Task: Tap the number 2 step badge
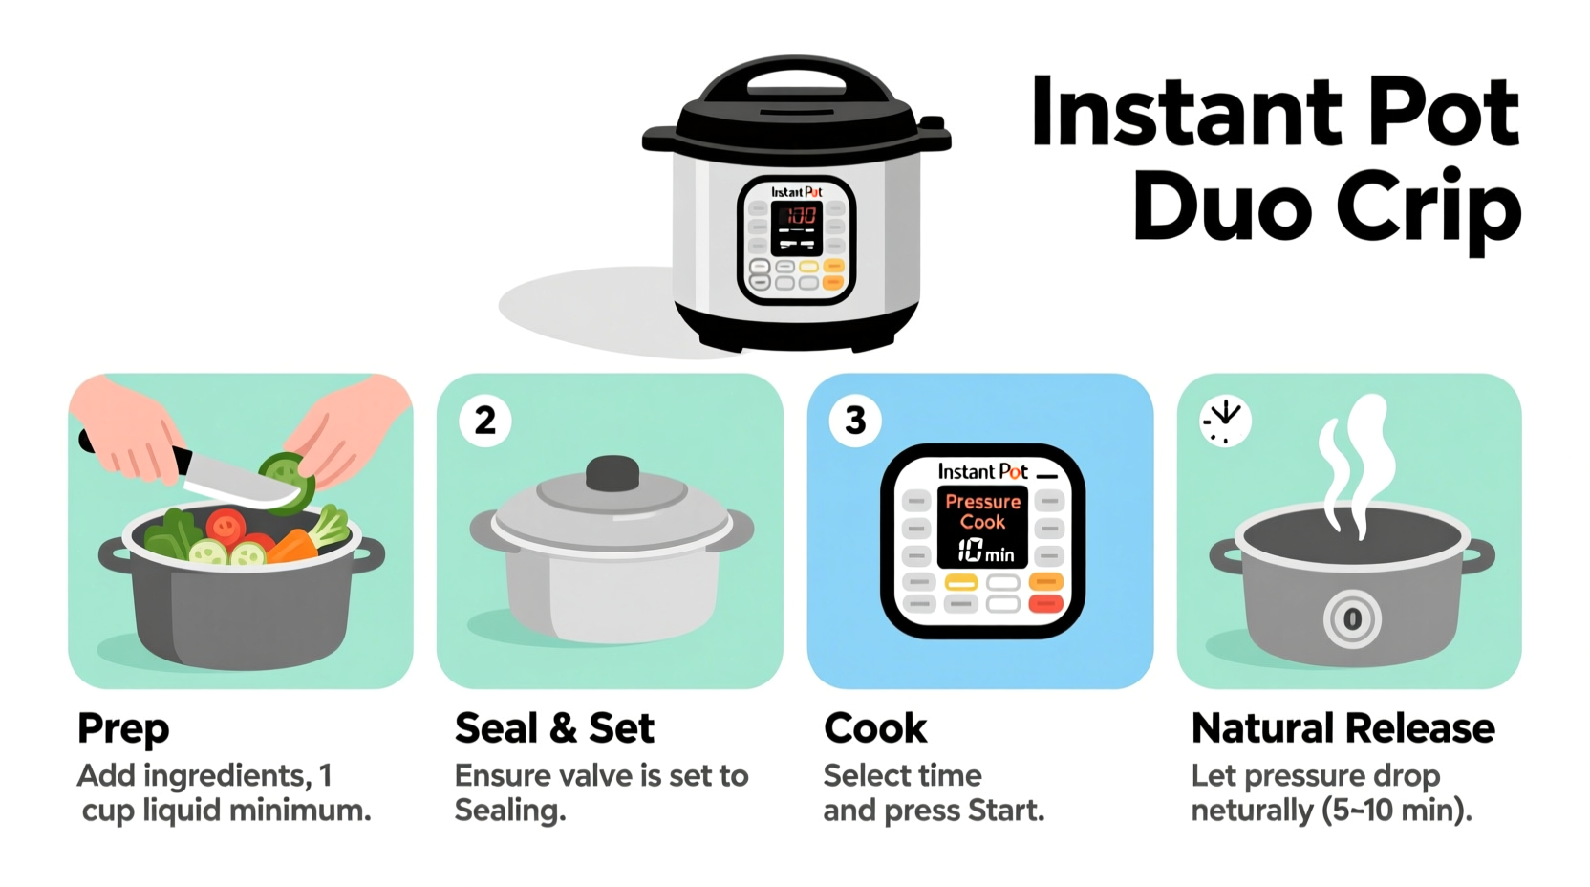click(485, 421)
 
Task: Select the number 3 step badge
click(855, 421)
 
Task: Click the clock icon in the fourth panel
click(1225, 421)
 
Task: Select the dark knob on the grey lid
click(612, 473)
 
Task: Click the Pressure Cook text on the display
click(982, 511)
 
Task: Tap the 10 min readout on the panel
click(984, 551)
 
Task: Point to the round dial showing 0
click(1352, 619)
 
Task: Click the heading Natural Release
click(1343, 728)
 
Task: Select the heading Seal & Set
click(554, 728)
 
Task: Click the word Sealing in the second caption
click(509, 811)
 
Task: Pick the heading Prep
click(123, 728)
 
